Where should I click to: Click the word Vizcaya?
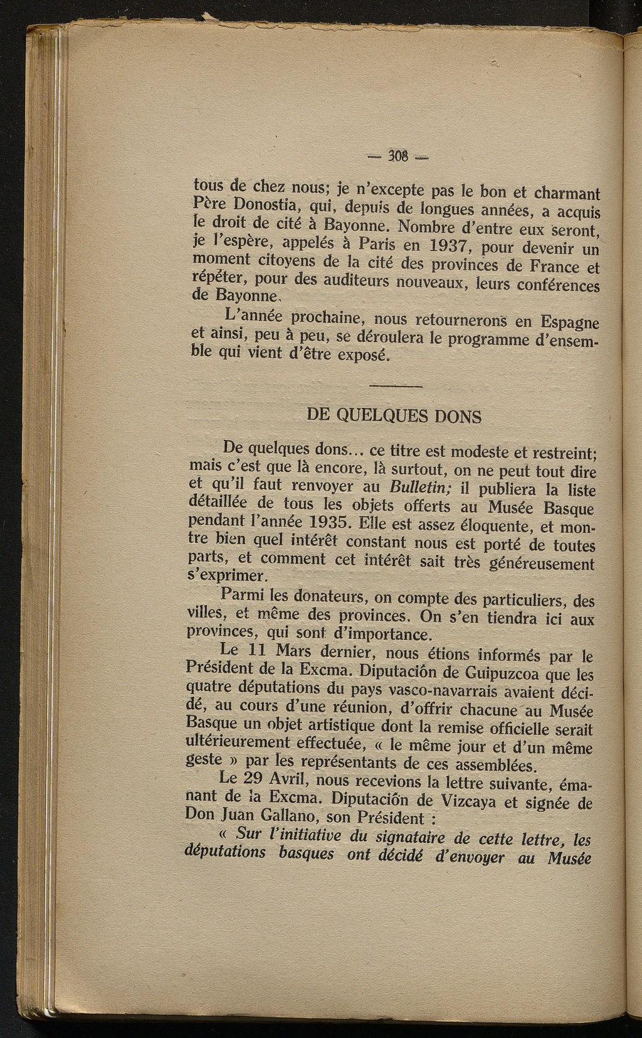[489, 803]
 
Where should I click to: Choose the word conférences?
[559, 286]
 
